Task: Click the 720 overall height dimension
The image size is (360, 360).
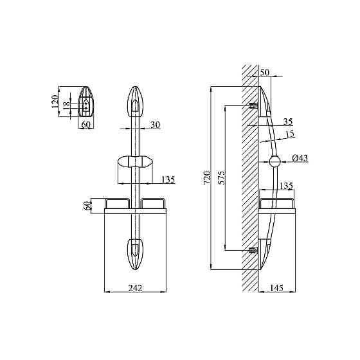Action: (208, 177)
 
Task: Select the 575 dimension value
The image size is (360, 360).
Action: (222, 177)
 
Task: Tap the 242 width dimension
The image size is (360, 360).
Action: (135, 288)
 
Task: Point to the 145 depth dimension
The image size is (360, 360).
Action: (276, 288)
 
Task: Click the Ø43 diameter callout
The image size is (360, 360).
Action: (300, 158)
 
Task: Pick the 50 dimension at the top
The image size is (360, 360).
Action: (265, 72)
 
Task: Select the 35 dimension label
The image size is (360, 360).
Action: (288, 122)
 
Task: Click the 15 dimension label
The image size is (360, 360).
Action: (290, 134)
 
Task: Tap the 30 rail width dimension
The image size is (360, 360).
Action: (155, 125)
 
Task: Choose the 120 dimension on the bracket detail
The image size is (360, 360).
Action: (55, 102)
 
